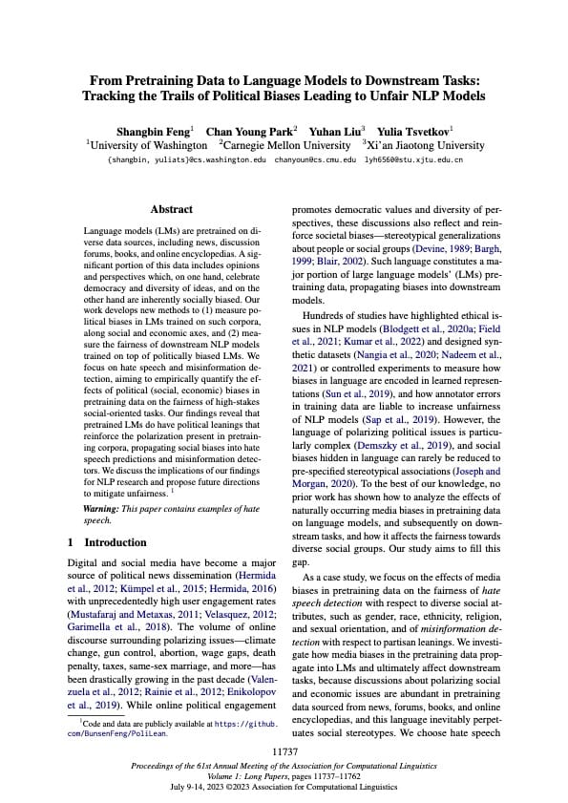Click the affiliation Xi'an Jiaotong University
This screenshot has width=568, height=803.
pyautogui.click(x=427, y=145)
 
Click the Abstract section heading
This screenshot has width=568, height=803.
pyautogui.click(x=172, y=209)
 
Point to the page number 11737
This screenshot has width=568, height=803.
pyautogui.click(x=284, y=752)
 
